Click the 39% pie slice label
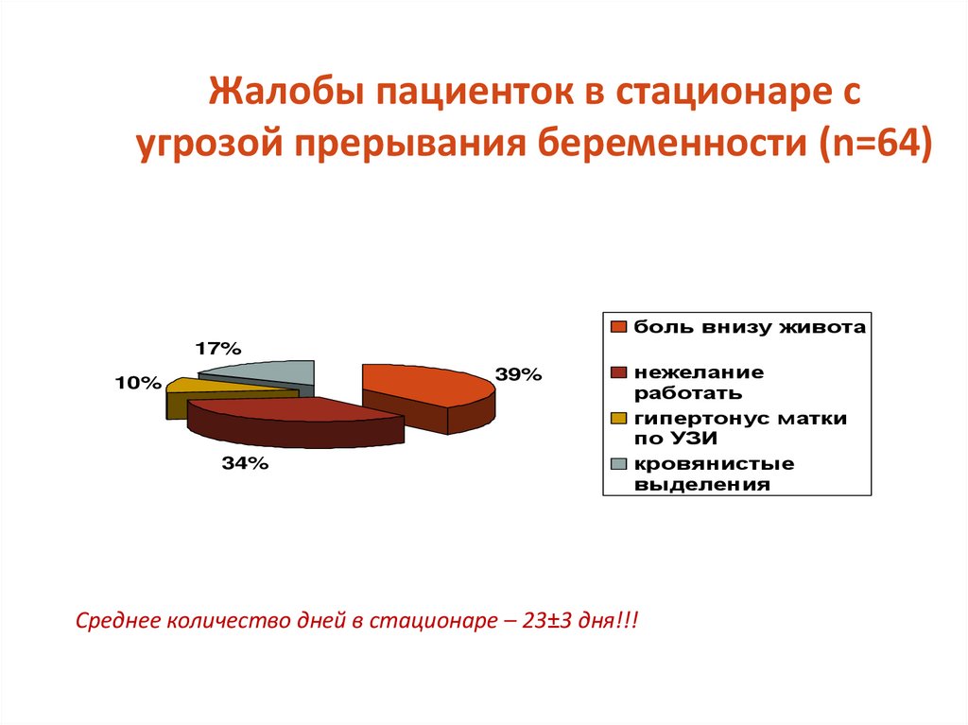click(x=519, y=374)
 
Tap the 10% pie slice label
click(x=139, y=382)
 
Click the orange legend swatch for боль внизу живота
click(x=619, y=328)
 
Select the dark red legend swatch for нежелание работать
click(x=619, y=372)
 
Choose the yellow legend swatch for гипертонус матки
click(x=619, y=418)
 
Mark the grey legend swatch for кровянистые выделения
click(x=619, y=464)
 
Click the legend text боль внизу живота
click(x=750, y=327)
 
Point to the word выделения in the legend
click(x=701, y=485)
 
